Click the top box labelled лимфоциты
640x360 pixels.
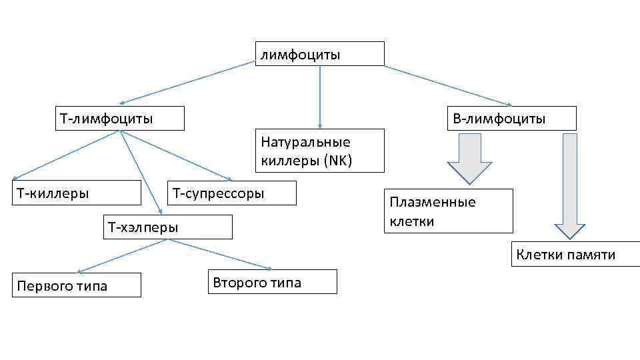tap(319, 53)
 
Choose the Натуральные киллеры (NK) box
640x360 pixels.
tap(319, 151)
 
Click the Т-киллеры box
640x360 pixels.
tap(76, 193)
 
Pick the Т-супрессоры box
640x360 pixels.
tap(231, 193)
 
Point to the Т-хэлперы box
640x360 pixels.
tap(168, 227)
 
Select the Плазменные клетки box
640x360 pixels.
tap(448, 211)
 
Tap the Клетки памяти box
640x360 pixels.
tap(575, 254)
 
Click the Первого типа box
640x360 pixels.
tap(76, 285)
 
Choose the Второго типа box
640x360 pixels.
tap(272, 281)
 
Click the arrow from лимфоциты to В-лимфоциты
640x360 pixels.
tap(448, 85)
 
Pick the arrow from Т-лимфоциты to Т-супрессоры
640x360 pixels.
tap(175, 155)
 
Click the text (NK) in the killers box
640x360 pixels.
tap(337, 161)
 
